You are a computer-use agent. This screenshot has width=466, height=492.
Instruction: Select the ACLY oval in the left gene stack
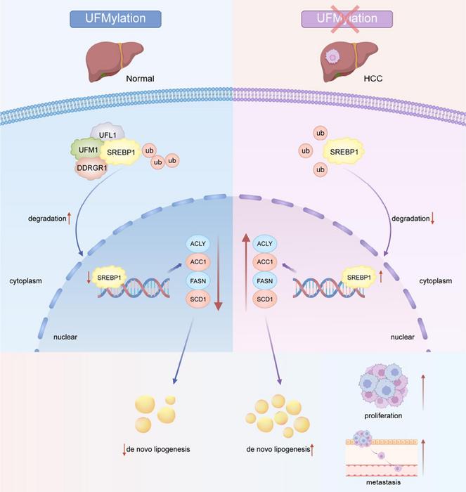tap(197, 244)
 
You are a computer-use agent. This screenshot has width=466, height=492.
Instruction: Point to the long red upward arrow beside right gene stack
tap(246, 274)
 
